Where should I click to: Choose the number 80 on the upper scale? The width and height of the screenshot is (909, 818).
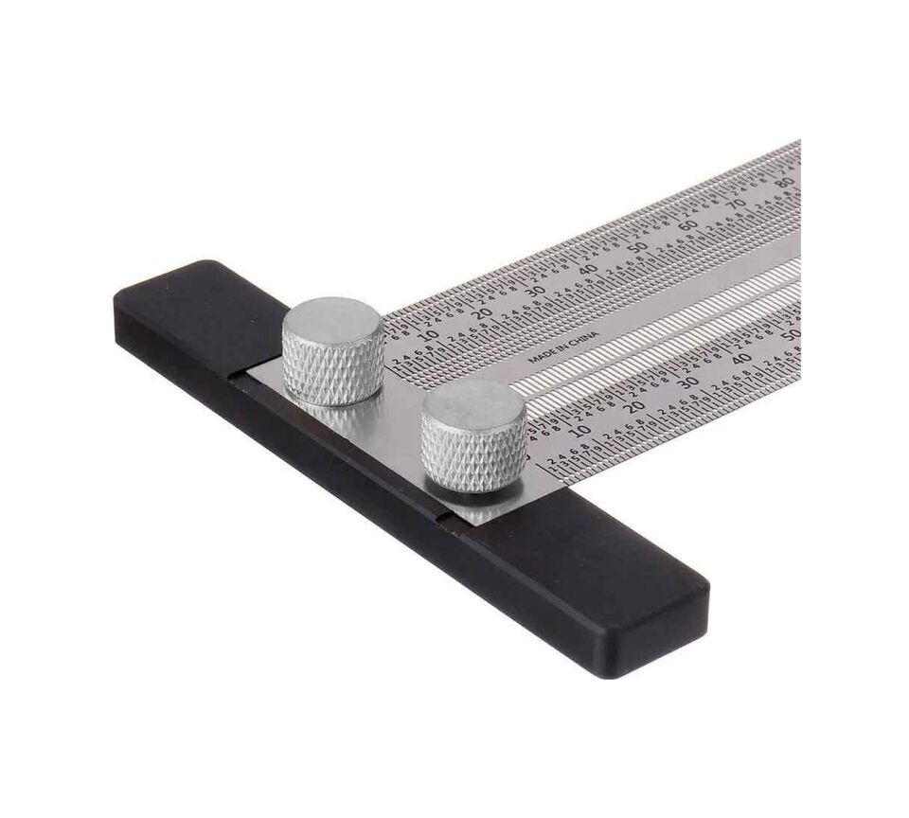[782, 183]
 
